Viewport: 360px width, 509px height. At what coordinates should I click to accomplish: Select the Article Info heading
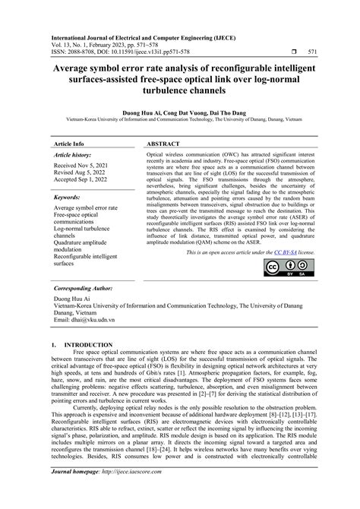[69, 143]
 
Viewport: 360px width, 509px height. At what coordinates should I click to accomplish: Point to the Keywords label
[70, 196]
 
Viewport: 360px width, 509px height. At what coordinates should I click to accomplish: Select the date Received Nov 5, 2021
[84, 165]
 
